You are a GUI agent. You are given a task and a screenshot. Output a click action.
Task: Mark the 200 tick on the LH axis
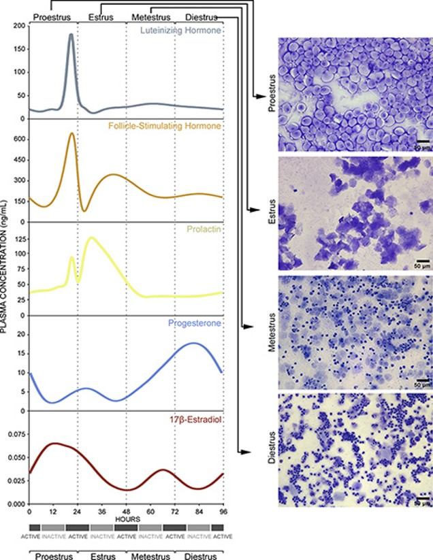click(x=19, y=26)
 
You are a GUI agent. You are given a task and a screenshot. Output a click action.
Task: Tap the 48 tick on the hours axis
click(x=126, y=511)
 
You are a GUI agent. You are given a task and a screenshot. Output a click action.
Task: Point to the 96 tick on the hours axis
click(x=223, y=511)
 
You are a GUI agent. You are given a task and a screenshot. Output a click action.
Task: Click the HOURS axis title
click(x=127, y=519)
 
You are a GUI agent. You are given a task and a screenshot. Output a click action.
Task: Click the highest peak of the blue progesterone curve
click(x=194, y=344)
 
